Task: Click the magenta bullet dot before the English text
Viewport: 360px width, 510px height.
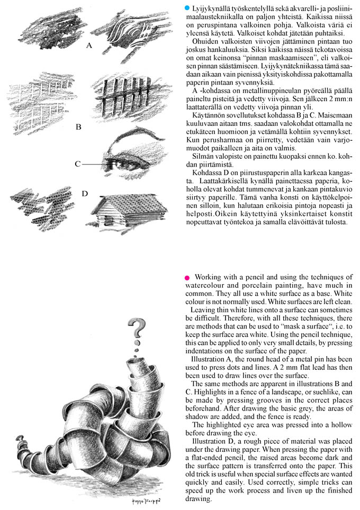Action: [187, 278]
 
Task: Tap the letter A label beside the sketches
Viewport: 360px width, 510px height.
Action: [89, 46]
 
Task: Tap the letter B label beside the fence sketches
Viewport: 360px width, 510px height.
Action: [78, 126]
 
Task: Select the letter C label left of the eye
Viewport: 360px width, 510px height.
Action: [77, 164]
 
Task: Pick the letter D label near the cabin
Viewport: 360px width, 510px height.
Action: [84, 193]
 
